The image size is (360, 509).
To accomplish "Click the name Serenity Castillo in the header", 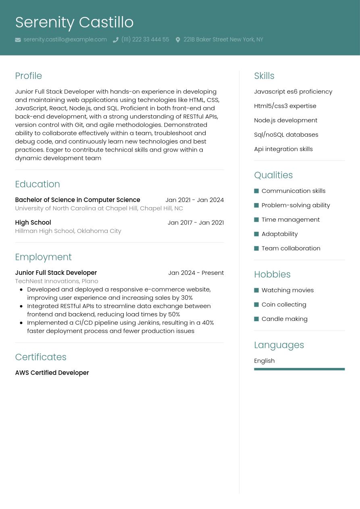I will click(74, 22).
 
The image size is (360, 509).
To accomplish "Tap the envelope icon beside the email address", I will click(18, 40).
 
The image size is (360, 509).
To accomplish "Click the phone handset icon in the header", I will click(115, 40).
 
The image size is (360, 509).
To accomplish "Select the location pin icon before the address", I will click(178, 40).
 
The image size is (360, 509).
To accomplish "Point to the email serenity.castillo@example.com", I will click(65, 39).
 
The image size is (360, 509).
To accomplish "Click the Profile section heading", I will click(28, 76).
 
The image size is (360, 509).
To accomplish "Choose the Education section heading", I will click(37, 184).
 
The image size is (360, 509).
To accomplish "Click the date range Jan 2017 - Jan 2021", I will click(196, 222).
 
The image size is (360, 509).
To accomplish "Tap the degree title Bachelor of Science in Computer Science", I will click(77, 200).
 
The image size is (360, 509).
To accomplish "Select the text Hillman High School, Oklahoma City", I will click(68, 231).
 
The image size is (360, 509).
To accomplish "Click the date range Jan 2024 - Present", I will click(196, 273).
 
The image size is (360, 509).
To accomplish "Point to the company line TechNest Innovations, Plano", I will click(56, 281).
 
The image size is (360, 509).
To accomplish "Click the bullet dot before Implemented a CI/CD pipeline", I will click(21, 323).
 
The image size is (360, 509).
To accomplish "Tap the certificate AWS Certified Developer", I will click(52, 373).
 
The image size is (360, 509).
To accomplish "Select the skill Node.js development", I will click(285, 120).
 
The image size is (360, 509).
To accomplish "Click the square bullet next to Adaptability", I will click(256, 234).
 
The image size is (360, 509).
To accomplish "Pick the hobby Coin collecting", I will click(284, 304).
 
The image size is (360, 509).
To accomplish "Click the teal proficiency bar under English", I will click(299, 369).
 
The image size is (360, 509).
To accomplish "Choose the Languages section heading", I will click(279, 345).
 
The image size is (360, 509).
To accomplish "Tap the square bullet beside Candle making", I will click(256, 319).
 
